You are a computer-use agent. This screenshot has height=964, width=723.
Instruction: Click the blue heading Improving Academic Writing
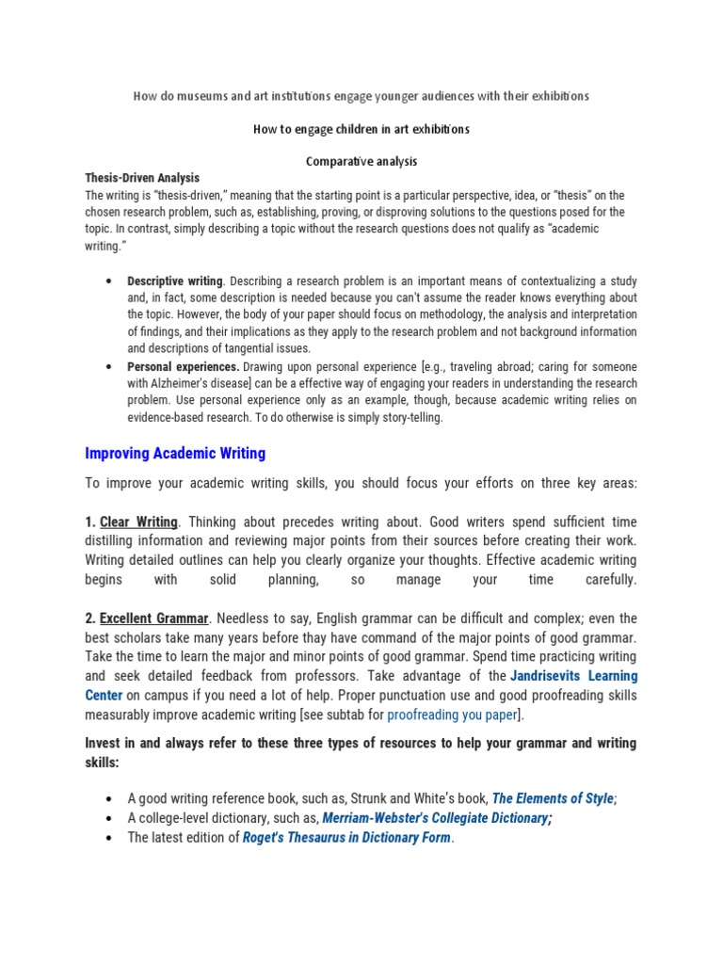(x=175, y=454)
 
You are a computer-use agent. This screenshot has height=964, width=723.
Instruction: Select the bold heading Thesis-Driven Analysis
(x=142, y=178)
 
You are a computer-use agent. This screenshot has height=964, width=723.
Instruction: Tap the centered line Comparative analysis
(x=361, y=161)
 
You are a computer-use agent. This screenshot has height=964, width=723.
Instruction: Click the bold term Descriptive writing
(x=175, y=281)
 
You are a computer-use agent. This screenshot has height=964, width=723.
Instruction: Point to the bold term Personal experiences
(x=184, y=366)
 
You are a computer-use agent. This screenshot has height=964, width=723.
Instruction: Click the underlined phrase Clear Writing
(x=138, y=522)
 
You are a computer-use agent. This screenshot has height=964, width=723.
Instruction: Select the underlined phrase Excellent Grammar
(x=153, y=619)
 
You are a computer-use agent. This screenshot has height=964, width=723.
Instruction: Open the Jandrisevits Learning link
(x=573, y=676)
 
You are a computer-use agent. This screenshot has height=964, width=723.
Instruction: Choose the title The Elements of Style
(x=553, y=798)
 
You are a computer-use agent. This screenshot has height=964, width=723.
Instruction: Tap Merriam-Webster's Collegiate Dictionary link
(x=435, y=818)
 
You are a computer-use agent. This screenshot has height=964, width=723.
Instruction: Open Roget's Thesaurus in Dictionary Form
(x=346, y=837)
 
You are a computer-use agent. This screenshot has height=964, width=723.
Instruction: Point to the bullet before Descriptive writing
(x=111, y=281)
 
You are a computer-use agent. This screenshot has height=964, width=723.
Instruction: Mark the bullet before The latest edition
(x=111, y=837)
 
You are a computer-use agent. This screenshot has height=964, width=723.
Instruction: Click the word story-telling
(x=410, y=417)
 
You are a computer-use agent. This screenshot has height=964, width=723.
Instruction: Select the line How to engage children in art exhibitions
(x=361, y=129)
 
